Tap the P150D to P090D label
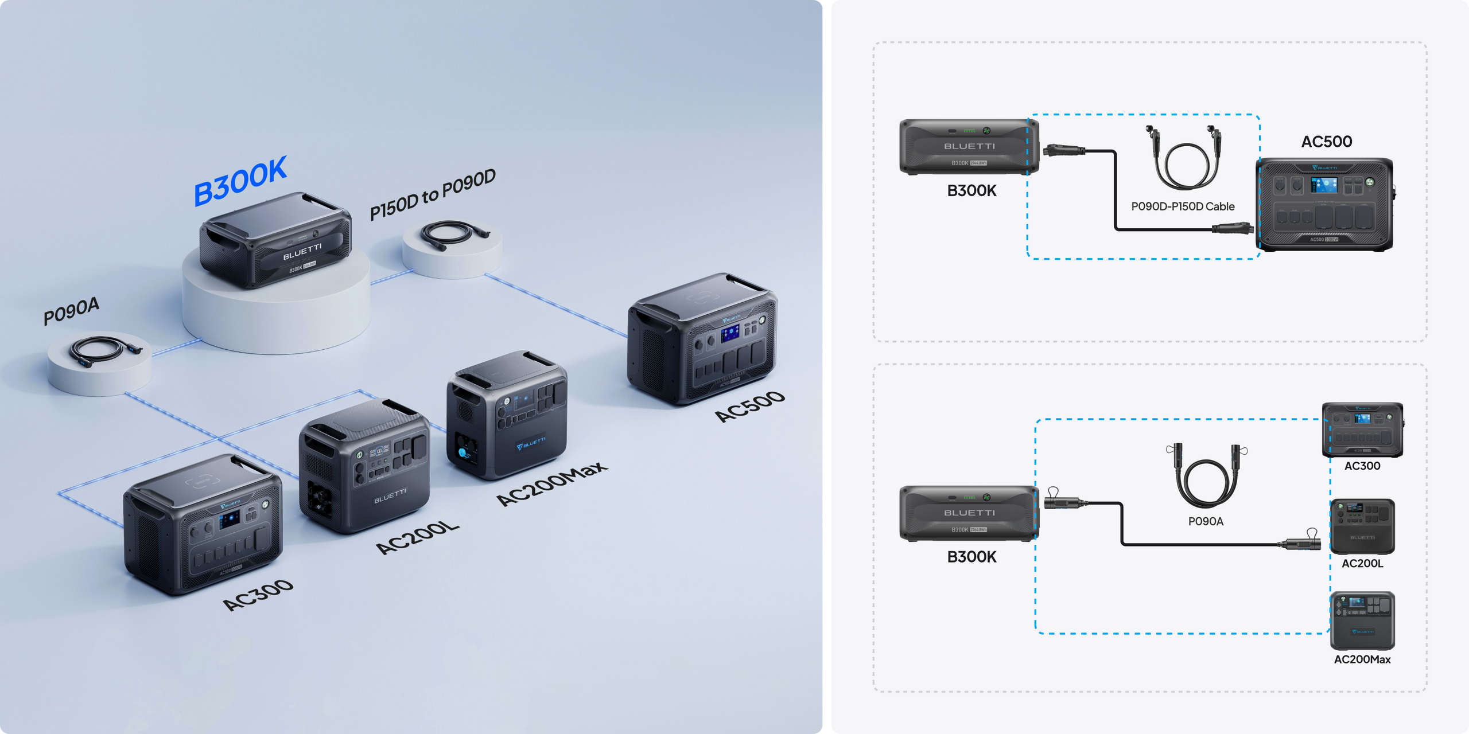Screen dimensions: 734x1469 [433, 194]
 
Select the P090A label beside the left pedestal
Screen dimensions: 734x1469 [72, 311]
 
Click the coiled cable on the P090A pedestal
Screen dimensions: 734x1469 [103, 350]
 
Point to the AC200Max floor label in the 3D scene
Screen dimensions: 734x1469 [551, 483]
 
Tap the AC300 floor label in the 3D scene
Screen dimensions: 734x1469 [258, 595]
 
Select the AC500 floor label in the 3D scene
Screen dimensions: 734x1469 [749, 406]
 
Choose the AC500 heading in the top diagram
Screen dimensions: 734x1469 [1326, 142]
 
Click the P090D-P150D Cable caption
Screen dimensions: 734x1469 [1183, 206]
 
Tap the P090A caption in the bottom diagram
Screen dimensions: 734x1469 [1206, 521]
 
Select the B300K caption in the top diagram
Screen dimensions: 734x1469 [971, 190]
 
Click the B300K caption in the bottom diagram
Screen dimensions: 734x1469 [971, 557]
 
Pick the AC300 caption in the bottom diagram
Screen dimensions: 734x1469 [1362, 466]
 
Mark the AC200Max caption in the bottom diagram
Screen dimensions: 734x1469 [1362, 659]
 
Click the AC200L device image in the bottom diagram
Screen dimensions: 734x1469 [1362, 526]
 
